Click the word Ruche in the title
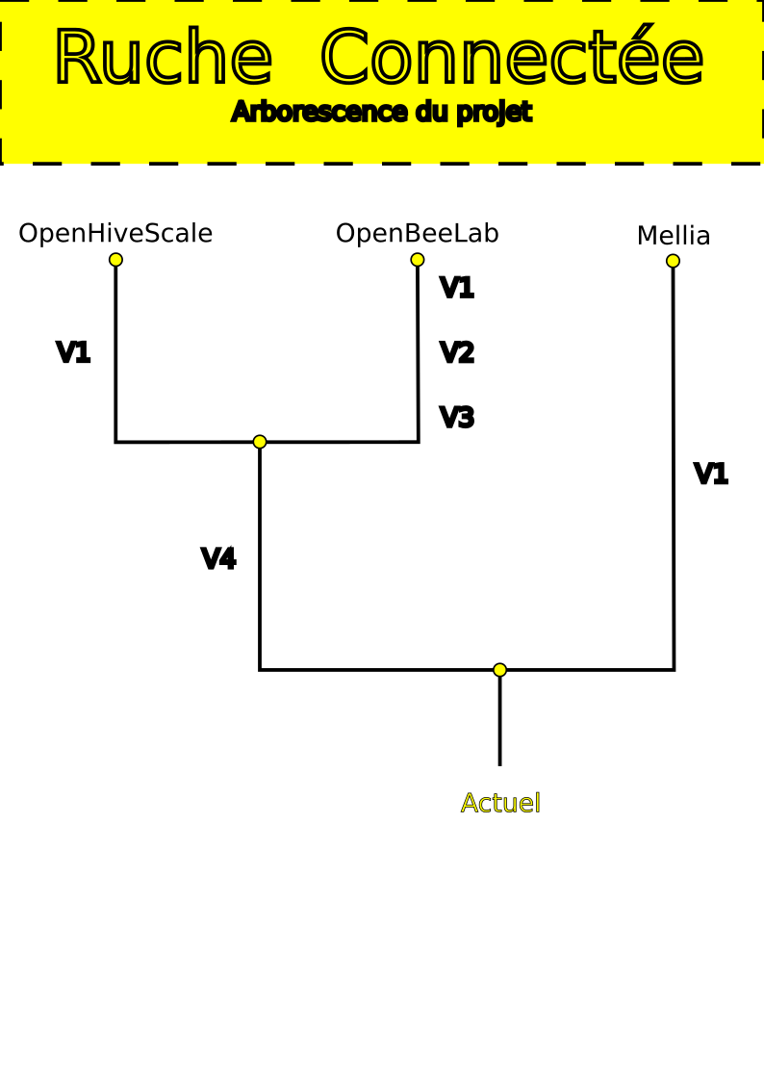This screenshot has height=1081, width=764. tap(163, 60)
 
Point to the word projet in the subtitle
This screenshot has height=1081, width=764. tap(494, 113)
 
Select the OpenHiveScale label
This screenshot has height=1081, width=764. tap(115, 234)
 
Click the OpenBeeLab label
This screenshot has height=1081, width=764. tap(417, 234)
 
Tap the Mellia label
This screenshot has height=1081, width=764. tap(674, 236)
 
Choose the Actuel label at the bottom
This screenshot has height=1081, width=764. tap(500, 803)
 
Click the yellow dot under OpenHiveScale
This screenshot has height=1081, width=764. tap(115, 260)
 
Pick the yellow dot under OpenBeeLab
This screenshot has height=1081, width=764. tap(418, 260)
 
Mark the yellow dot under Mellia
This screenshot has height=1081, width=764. tap(673, 261)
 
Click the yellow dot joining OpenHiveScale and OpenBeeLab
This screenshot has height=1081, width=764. tap(260, 442)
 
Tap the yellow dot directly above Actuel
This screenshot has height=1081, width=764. tap(499, 670)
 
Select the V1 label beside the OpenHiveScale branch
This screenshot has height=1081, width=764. tap(73, 353)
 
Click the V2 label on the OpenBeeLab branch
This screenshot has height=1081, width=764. tap(457, 353)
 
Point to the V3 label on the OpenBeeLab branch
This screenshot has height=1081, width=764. tap(457, 418)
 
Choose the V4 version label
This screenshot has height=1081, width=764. tap(218, 559)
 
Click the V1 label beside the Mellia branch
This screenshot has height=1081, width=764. tap(711, 475)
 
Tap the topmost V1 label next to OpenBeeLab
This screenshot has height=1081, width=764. tap(457, 288)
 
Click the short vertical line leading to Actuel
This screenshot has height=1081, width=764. tap(499, 722)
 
